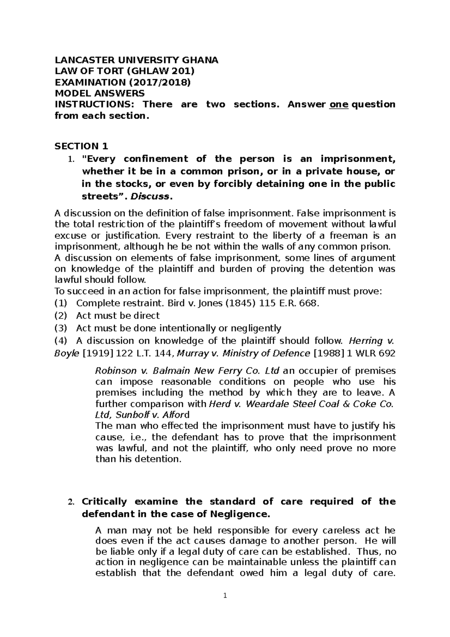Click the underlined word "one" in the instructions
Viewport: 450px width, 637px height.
tap(339, 104)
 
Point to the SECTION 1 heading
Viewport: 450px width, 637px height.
tap(81, 146)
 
